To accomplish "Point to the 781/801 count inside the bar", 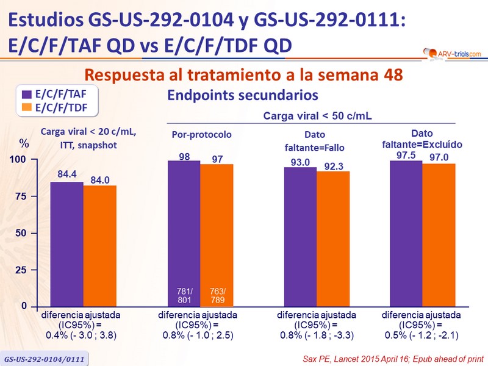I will [x=184, y=295].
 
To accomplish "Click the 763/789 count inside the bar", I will [x=217, y=295].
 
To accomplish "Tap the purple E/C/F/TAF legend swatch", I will [x=27, y=95].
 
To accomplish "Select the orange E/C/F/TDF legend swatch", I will [x=27, y=107].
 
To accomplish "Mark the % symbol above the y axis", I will [x=24, y=144].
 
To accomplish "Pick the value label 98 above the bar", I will [x=184, y=157].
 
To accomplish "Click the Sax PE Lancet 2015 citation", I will [x=396, y=356].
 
